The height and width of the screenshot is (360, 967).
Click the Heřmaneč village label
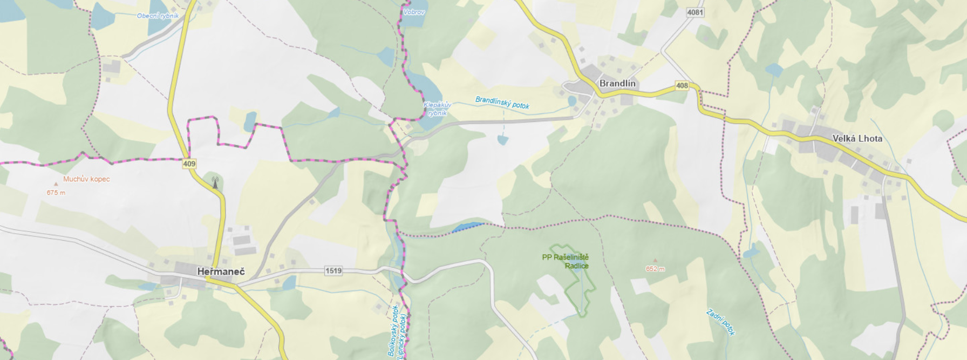pos(220,271)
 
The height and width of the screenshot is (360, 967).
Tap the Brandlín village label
pos(617,84)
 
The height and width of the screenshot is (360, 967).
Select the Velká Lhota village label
pos(857,139)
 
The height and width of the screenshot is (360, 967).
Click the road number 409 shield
pos(189,164)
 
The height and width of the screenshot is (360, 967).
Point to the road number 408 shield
pos(682,86)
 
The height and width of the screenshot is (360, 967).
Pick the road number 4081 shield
pos(695,12)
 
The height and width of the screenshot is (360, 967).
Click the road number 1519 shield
pos(333,270)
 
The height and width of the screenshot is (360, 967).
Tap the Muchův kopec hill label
pos(86,179)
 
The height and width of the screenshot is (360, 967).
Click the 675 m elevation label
pos(56,193)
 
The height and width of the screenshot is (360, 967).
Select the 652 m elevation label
pos(655,269)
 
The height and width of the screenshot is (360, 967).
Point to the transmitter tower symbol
pos(215,182)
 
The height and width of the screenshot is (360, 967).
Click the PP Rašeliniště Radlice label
pos(566,261)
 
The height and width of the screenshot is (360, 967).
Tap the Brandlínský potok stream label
pos(502,103)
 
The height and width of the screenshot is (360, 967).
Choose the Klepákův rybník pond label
pos(437,109)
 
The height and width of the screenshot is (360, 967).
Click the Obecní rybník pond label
pos(158,16)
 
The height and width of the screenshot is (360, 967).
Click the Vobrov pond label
pos(414,11)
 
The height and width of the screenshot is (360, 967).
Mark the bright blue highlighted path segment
pos(467,227)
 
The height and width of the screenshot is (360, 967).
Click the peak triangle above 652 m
pos(655,261)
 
